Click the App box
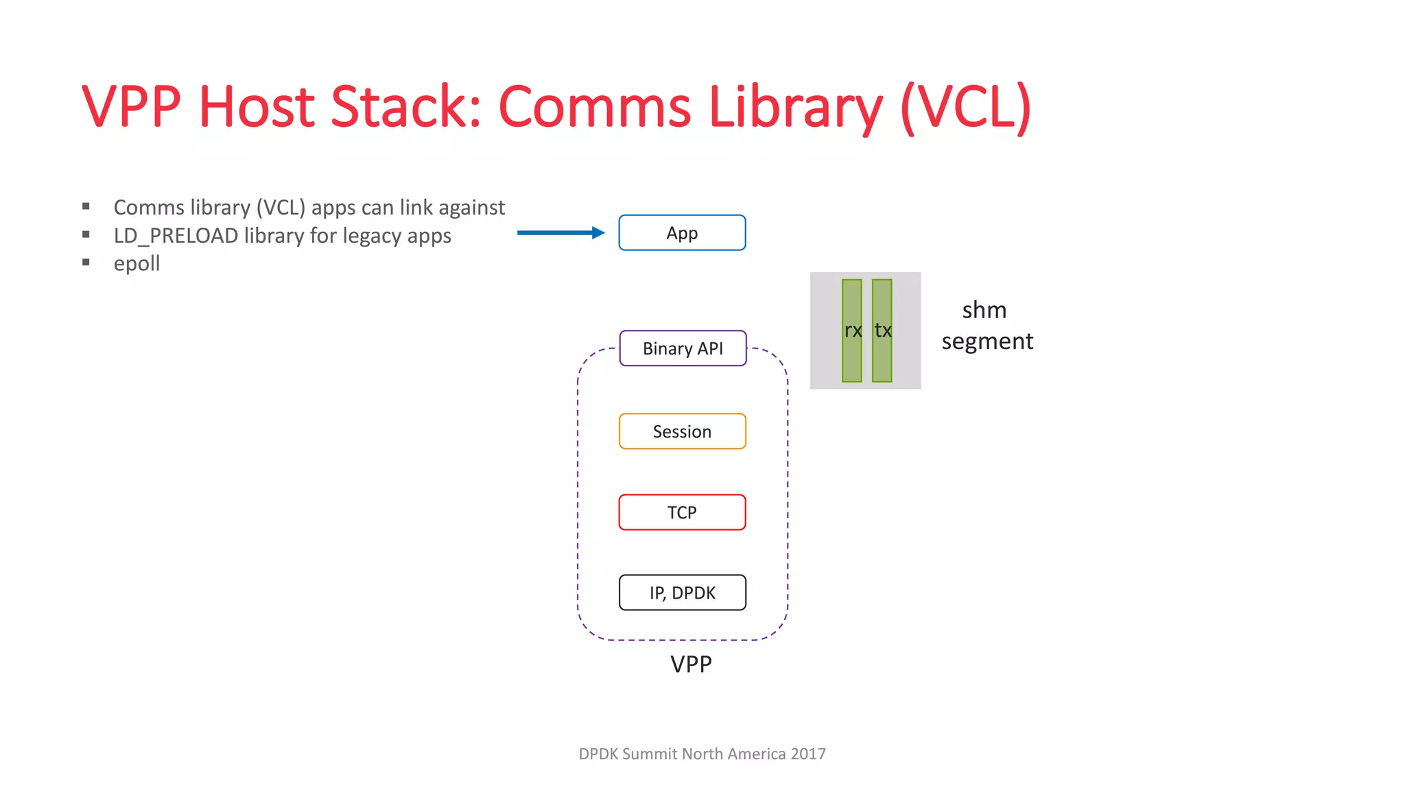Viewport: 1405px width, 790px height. (682, 233)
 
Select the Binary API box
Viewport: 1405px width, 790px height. (683, 348)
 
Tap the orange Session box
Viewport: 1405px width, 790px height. (682, 431)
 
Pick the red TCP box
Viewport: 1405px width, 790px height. (682, 512)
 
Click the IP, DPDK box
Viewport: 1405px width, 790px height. (682, 592)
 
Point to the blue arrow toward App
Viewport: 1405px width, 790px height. (560, 233)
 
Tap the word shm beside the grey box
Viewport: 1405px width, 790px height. (984, 311)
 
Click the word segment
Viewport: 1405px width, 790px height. (987, 342)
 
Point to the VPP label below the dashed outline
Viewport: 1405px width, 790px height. (691, 664)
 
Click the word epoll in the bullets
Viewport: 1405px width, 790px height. (137, 263)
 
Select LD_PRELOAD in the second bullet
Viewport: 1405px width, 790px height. (176, 236)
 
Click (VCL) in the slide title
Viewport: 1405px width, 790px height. (965, 107)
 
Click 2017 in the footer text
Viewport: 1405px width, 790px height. (807, 754)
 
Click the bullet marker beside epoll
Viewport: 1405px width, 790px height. (86, 262)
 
